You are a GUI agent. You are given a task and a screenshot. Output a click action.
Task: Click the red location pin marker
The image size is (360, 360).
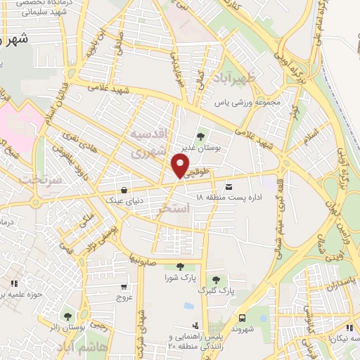coord(180,166)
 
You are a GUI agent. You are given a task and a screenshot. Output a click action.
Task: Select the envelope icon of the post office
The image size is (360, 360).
coord(229,187)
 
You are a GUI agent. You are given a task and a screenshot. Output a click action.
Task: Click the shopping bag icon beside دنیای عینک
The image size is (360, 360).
coord(124,190)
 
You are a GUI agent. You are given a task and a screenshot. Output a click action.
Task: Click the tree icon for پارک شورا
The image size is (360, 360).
coord(181,266)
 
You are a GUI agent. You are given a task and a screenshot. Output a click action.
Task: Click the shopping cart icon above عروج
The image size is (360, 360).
coord(124,286)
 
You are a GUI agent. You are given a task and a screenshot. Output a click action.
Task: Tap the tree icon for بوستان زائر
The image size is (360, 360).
coord(67,317)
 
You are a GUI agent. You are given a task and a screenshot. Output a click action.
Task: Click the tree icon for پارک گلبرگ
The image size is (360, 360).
coord(223,279)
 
